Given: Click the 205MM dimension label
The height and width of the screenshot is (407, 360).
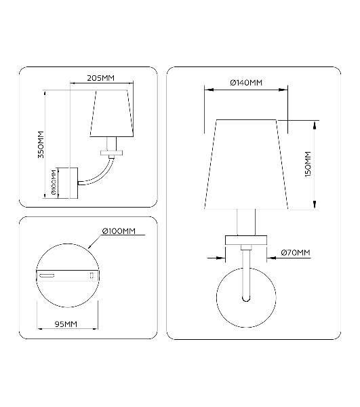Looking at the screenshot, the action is tap(100, 78).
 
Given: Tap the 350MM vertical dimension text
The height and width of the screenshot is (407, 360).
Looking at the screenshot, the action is tap(41, 144).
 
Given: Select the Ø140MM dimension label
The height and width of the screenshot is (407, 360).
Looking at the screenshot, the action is tap(246, 83).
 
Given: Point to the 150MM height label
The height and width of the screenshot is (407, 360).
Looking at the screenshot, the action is tap(308, 164).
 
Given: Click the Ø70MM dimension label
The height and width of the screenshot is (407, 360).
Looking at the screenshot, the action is tap(296, 252).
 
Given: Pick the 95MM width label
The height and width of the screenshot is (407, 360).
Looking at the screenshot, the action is tap(66, 324).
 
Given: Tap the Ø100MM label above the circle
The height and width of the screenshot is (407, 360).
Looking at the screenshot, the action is tap(119, 231).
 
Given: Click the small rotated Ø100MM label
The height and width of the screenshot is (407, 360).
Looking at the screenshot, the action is tap(54, 182).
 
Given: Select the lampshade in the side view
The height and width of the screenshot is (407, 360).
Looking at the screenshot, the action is tap(112, 113).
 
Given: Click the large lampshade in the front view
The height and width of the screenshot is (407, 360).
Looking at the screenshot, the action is tap(246, 164).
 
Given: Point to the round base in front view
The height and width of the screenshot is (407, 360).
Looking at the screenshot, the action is tap(246, 298).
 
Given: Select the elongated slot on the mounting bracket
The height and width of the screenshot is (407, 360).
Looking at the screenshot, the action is tap(47, 276).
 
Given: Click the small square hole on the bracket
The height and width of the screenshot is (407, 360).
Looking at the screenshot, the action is tap(92, 275).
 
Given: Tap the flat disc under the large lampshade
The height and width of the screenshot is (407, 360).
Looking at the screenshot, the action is tap(246, 240).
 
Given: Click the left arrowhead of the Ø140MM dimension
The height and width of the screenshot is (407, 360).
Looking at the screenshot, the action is tap(209, 90).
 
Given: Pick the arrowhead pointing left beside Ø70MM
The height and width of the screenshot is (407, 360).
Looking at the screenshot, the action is tap(271, 258).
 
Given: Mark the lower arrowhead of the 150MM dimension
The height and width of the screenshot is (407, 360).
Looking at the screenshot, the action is tap(315, 204).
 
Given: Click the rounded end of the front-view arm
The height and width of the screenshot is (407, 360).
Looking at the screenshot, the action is tap(246, 299).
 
